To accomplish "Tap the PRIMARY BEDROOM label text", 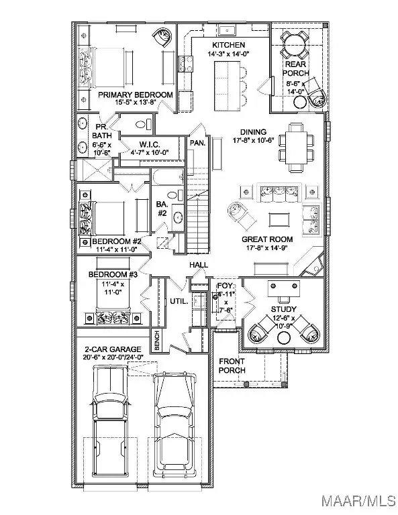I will point(135,95).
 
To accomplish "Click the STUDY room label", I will point(284,309).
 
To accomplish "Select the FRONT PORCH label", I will point(232,365).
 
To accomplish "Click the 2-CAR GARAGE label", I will point(113,349).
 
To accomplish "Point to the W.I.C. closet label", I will point(148,144).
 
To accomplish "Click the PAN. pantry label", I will point(197,143).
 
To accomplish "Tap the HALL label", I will point(197,266).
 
